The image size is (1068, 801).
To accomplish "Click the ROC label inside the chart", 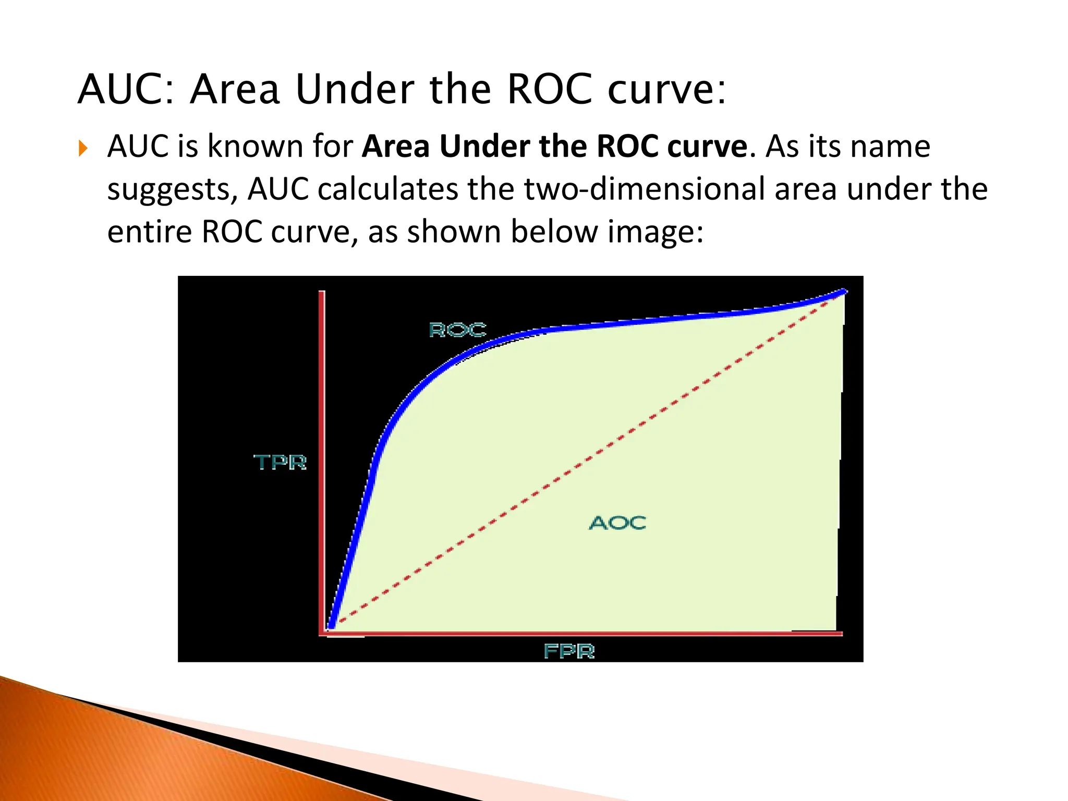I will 457,330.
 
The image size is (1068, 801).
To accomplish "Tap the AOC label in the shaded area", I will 617,523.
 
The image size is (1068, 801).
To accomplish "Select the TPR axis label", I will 280,462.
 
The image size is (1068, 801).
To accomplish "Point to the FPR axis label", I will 569,651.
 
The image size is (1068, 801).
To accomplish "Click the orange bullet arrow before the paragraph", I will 83,149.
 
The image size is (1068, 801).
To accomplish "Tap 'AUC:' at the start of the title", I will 126,89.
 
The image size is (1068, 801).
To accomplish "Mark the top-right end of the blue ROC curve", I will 843,292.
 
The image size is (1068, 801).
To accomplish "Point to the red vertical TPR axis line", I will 322,459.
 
